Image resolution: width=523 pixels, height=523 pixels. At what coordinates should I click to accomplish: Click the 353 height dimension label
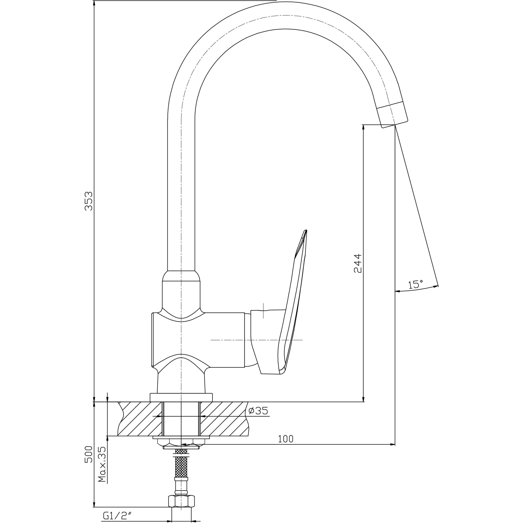pos(89,201)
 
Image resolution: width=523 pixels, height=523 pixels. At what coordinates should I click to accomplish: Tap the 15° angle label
pos(416,284)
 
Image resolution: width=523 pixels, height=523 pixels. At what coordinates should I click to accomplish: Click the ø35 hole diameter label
pos(258,411)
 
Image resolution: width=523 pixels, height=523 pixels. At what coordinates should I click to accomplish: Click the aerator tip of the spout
pos(393,115)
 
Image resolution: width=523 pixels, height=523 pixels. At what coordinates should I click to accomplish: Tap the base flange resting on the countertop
pos(181,397)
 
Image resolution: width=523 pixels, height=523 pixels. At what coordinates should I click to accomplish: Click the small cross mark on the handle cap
pos(263,310)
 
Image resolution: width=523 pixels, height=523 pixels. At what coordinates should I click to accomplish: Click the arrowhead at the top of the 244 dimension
pos(363,128)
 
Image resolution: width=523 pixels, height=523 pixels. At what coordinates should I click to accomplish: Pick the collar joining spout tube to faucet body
pos(181,276)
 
